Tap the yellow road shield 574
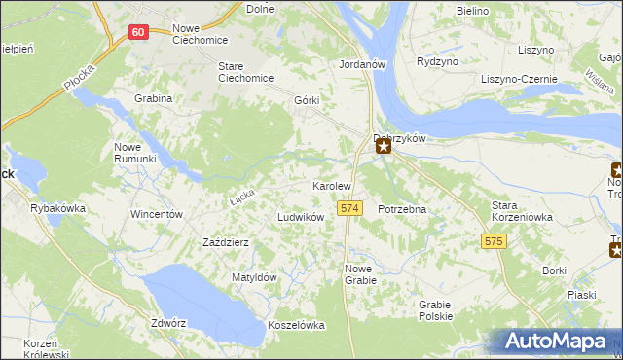(351, 208)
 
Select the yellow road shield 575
(495, 240)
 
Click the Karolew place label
(331, 185)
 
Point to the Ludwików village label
(301, 217)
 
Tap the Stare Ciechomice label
(243, 73)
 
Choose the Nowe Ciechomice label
(200, 34)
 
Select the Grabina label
(155, 98)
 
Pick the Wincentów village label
(157, 214)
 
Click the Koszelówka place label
(296, 326)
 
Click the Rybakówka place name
(58, 208)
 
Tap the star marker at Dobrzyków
(385, 147)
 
